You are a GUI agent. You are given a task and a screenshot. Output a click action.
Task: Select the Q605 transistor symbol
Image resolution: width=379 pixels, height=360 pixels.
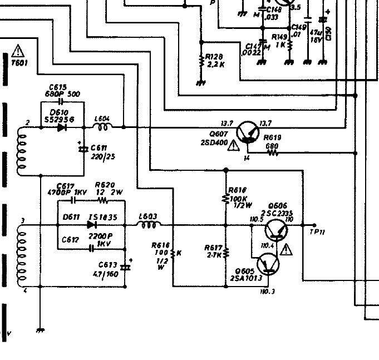(x=268, y=265)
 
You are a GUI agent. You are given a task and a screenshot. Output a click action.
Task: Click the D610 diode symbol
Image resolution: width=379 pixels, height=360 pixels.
(x=61, y=127)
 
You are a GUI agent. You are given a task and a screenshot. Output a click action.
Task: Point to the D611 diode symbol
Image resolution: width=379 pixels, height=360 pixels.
(x=92, y=225)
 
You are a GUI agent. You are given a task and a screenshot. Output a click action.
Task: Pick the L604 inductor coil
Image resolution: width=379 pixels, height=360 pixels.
(x=102, y=127)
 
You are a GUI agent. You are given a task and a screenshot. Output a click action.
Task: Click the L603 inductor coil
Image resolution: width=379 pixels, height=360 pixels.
(x=149, y=225)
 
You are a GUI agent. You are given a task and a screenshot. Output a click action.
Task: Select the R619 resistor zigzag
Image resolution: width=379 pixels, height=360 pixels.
(x=273, y=153)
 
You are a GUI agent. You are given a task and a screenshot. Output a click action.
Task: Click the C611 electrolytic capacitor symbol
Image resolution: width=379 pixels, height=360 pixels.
(x=83, y=149)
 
